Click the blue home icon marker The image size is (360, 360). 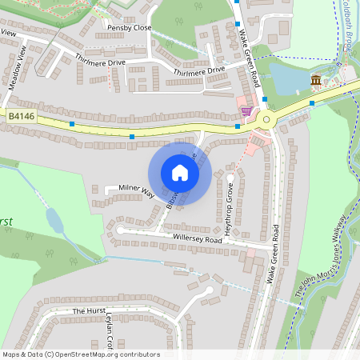(180, 173)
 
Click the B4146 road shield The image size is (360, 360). (22, 117)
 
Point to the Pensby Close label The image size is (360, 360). (129, 27)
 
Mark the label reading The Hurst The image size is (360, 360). (89, 310)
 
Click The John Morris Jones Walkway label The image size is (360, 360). (322, 260)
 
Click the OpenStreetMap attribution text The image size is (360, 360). (81, 354)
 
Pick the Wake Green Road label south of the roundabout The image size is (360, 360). (274, 254)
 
